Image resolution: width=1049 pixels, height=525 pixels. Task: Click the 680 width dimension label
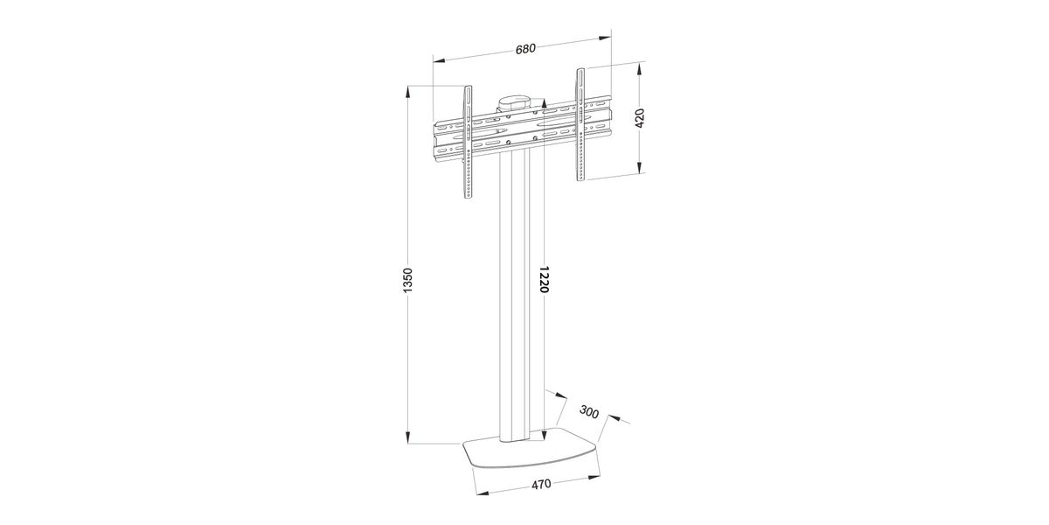[x=525, y=49]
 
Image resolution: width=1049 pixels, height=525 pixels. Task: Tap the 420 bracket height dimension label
[x=640, y=118]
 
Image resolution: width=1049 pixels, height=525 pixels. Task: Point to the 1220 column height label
[x=544, y=279]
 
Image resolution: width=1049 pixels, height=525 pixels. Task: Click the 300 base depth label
[x=589, y=411]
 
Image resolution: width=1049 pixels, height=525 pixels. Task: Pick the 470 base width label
[x=541, y=484]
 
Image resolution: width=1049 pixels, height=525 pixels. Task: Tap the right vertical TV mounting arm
[x=580, y=124]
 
